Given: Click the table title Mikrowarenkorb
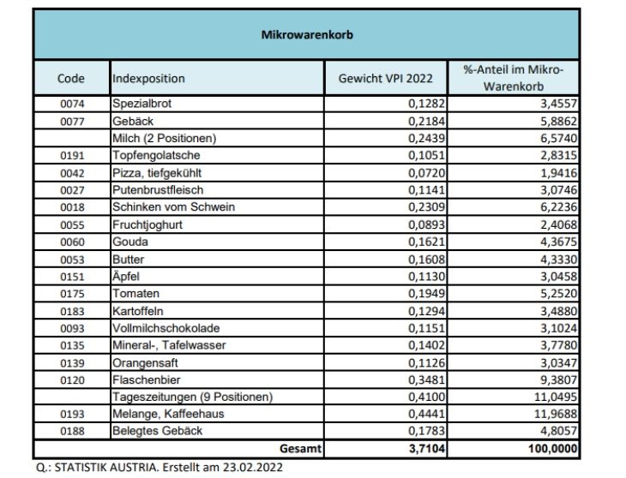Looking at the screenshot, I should tap(306, 36).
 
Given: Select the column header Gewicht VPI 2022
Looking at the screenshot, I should tap(386, 78).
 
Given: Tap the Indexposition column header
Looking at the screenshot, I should tap(148, 78).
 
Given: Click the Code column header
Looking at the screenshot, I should tap(71, 78).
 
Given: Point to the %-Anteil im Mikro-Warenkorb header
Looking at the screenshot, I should tap(519, 78).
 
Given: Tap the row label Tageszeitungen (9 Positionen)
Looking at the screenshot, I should tap(192, 397).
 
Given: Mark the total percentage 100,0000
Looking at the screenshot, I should tap(550, 448).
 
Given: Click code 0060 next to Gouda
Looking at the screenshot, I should tap(71, 242).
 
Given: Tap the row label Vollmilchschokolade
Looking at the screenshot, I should tap(166, 328).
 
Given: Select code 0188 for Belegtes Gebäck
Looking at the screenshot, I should tap(71, 431).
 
